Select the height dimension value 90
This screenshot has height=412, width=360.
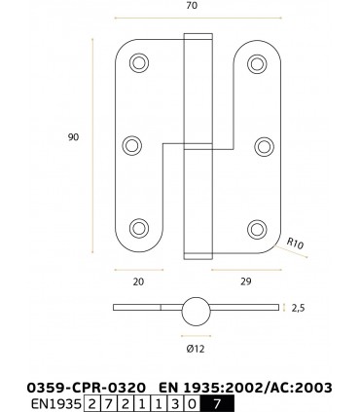(73, 137)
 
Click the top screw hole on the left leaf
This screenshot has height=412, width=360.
(138, 63)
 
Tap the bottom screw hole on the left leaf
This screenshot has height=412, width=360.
(138, 229)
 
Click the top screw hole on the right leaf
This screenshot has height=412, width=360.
(257, 63)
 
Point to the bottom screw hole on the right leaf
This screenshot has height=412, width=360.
(257, 229)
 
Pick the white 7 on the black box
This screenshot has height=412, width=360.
(216, 402)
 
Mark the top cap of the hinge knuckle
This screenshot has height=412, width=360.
(196, 38)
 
